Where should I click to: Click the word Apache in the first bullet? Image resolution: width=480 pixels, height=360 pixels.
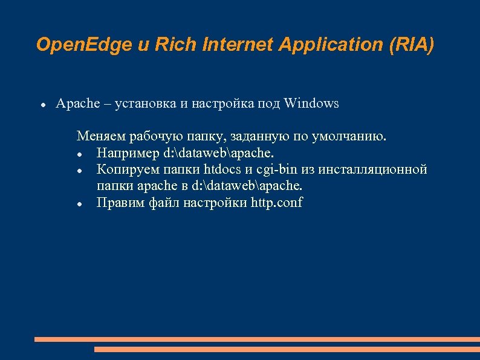(77, 103)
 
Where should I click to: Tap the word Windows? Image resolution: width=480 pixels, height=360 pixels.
(311, 103)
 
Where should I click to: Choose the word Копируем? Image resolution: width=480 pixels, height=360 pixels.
(126, 169)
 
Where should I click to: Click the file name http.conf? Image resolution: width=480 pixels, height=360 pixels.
(276, 203)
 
